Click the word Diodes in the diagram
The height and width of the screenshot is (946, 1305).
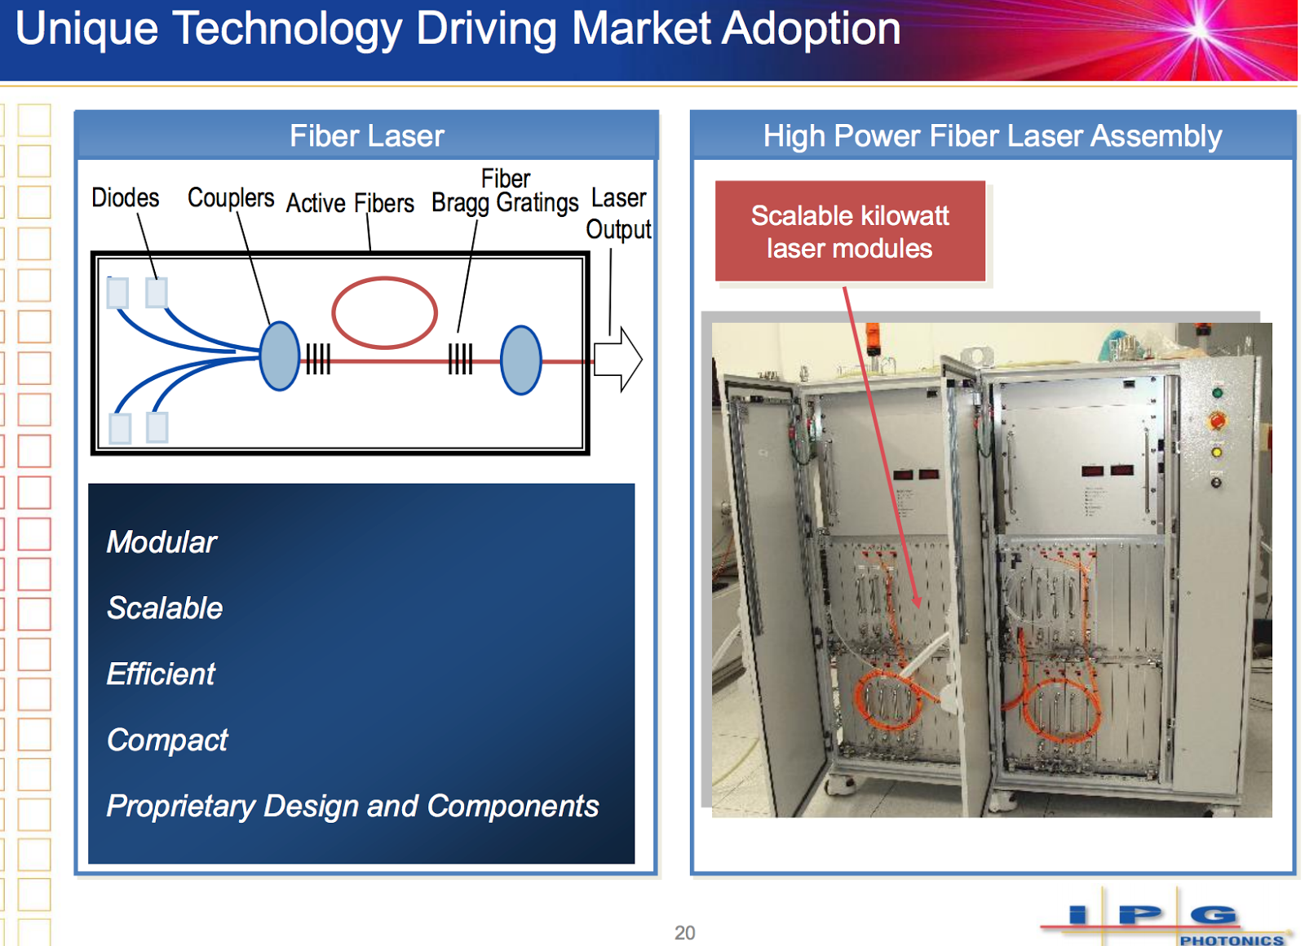(125, 198)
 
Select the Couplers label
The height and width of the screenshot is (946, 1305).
(231, 198)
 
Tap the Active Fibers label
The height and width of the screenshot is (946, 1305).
(350, 203)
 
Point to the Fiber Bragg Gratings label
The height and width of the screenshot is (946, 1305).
(505, 192)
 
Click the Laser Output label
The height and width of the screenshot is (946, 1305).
(618, 214)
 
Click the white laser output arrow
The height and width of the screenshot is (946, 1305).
(618, 359)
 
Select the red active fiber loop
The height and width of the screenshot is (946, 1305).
(384, 312)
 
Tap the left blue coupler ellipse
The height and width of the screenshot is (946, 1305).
(280, 356)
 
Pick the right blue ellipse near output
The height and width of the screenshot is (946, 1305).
(520, 360)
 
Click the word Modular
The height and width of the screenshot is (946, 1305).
(161, 542)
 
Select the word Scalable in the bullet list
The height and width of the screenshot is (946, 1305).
(165, 608)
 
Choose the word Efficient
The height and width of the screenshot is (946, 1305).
(161, 674)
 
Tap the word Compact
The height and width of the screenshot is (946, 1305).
(167, 740)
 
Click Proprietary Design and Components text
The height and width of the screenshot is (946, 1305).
(352, 807)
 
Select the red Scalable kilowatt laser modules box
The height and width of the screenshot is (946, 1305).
(850, 232)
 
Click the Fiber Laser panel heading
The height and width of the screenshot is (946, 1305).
(366, 136)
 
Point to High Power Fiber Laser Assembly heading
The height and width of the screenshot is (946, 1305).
(992, 136)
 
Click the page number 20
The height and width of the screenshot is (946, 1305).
(684, 932)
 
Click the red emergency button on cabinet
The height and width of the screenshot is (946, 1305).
(1217, 421)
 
